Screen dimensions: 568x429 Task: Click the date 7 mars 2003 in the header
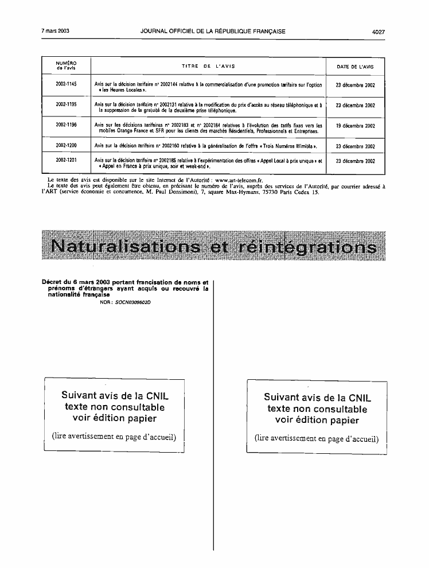click(56, 32)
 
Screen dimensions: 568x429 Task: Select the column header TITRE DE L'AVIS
click(208, 67)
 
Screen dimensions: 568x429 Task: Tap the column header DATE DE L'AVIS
click(355, 67)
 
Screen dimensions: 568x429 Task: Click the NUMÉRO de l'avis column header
click(66, 66)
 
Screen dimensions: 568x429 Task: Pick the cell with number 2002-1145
click(66, 85)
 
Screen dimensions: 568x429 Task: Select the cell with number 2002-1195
click(66, 106)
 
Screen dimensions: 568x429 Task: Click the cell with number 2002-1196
click(66, 125)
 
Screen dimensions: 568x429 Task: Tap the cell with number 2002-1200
click(66, 146)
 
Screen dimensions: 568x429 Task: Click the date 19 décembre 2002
click(355, 126)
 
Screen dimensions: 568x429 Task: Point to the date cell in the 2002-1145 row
click(355, 85)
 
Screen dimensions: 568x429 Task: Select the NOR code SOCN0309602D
click(125, 302)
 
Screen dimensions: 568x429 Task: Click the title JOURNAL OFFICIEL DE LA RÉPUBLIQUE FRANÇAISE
click(213, 32)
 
